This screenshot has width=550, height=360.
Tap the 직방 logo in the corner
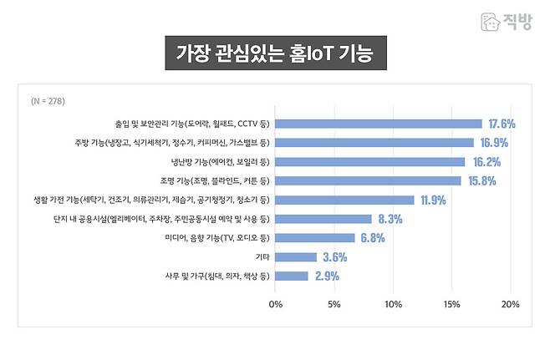click(506, 22)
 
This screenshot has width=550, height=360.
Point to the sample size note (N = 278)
click(48, 101)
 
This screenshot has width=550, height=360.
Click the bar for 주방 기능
click(374, 143)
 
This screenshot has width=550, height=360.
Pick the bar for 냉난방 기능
click(370, 162)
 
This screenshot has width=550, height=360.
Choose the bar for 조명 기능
click(368, 180)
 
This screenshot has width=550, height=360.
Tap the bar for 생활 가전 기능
click(344, 200)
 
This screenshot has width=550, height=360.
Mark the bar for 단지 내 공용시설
click(323, 219)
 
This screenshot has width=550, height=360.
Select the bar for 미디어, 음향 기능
click(315, 238)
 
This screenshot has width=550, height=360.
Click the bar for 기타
click(296, 257)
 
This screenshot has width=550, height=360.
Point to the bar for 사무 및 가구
click(292, 276)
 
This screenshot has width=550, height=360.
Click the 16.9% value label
click(495, 143)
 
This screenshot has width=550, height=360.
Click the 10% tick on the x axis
click(393, 303)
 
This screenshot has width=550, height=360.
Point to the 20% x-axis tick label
click(510, 303)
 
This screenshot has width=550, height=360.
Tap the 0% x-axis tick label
click(276, 303)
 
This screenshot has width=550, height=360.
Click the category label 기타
click(262, 257)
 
